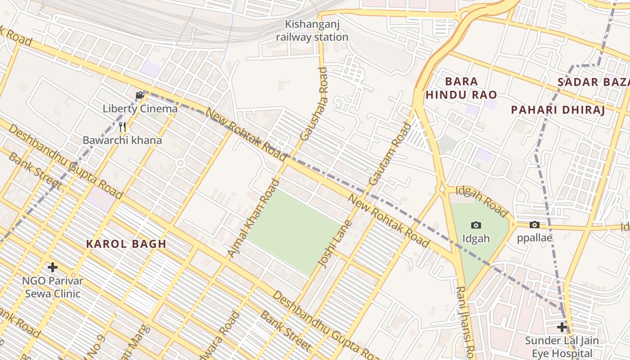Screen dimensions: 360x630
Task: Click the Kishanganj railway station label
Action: [312, 31]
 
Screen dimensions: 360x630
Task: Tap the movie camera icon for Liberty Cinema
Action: [140, 95]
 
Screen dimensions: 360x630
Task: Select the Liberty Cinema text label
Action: [140, 108]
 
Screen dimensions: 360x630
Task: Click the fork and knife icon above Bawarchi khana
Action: [122, 126]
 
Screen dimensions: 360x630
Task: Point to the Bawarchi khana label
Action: [122, 140]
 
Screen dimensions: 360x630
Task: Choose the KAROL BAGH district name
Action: [126, 244]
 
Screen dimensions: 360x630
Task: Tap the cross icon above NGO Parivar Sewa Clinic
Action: [53, 267]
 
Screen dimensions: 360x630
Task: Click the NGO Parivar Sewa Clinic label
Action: [53, 288]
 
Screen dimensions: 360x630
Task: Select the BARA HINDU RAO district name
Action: [461, 88]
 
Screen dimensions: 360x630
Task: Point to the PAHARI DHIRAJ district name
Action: [558, 110]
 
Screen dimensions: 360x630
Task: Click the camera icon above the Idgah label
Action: [476, 225]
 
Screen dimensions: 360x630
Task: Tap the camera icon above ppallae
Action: [534, 225]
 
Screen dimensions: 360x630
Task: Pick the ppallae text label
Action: [534, 238]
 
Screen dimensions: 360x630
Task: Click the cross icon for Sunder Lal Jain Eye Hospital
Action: [562, 327]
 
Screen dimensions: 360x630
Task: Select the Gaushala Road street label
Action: [314, 103]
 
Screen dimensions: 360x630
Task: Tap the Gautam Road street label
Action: [390, 154]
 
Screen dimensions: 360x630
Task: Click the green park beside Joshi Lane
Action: [295, 231]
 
